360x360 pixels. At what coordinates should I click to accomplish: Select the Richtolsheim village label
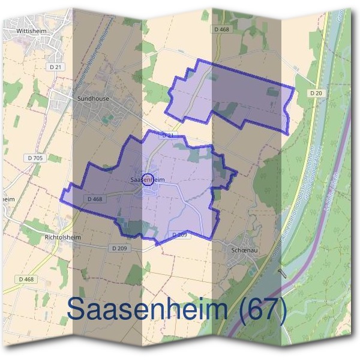point(62,236)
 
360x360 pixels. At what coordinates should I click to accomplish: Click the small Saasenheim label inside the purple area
point(148,179)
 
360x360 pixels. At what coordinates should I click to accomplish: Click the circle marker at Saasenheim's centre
point(147,178)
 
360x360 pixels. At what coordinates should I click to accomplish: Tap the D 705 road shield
point(35,158)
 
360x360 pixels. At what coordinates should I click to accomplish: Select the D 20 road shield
point(317,94)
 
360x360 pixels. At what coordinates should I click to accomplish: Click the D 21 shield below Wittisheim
point(55,67)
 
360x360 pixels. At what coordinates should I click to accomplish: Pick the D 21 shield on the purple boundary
point(168,136)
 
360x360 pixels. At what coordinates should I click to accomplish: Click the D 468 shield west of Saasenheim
point(96,199)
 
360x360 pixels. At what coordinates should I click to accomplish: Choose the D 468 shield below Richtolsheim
point(27,279)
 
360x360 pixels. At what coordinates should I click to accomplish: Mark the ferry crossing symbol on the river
point(283,273)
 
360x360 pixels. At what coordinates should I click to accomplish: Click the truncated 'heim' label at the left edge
point(7,199)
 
